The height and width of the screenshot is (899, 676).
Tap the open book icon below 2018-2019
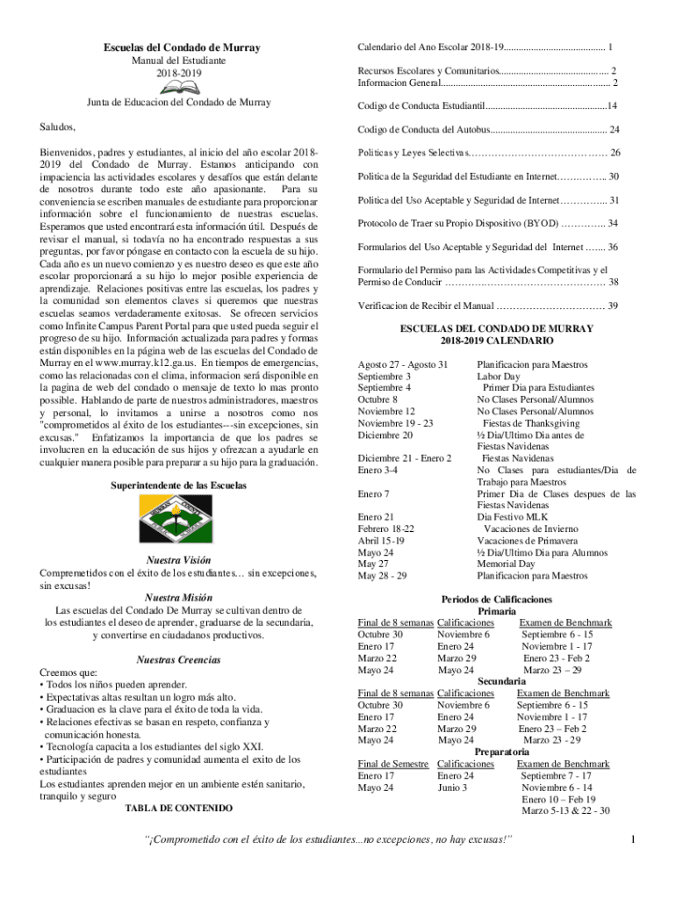pyautogui.click(x=178, y=87)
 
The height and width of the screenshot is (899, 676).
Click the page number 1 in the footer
pyautogui.click(x=632, y=843)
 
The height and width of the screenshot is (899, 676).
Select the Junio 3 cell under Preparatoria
pyautogui.click(x=453, y=788)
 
